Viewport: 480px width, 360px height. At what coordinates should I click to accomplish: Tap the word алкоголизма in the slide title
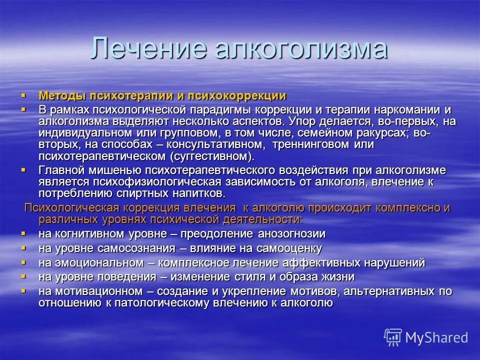point(300,49)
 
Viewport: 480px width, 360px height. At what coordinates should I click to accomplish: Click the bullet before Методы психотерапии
point(23,95)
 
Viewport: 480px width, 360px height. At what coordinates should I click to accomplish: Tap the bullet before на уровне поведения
point(23,276)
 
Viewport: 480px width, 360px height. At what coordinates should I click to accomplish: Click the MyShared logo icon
point(392,337)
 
